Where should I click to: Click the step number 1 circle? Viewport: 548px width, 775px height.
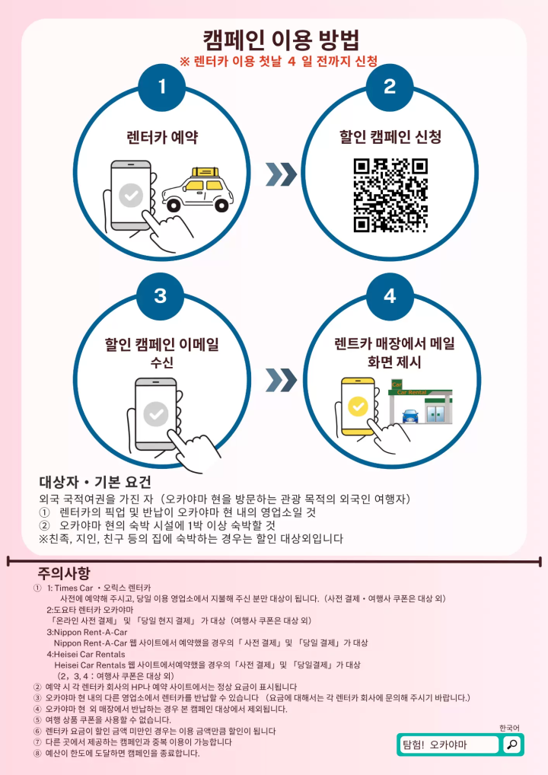[161, 87]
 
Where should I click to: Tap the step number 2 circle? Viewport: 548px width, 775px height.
[390, 87]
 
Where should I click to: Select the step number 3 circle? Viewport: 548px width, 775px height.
[160, 296]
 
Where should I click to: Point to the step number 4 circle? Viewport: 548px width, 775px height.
[390, 296]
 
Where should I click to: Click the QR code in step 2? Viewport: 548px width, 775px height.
[390, 195]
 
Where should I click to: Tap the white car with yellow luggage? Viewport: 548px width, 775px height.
[198, 190]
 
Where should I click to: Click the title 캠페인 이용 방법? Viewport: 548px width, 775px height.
[281, 40]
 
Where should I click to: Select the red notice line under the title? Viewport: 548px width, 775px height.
[279, 62]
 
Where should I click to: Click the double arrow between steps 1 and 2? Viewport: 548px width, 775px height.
[281, 174]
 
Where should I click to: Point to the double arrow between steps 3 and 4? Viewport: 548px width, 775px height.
[281, 380]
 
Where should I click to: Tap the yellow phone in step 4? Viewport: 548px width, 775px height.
[358, 407]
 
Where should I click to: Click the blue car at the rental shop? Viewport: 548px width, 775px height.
[410, 416]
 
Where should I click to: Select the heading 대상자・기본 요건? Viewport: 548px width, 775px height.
[95, 482]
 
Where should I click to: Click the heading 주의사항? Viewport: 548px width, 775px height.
[64, 573]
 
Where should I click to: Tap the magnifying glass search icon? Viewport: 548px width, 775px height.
[512, 745]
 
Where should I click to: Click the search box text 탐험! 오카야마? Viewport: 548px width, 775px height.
[435, 745]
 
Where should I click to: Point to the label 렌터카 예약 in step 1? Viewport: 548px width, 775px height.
[162, 137]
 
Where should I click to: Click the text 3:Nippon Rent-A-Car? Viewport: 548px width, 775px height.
[87, 632]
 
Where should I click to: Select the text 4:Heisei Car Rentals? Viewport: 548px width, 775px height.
[86, 655]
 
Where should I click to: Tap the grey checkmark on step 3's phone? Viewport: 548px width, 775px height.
[156, 414]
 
